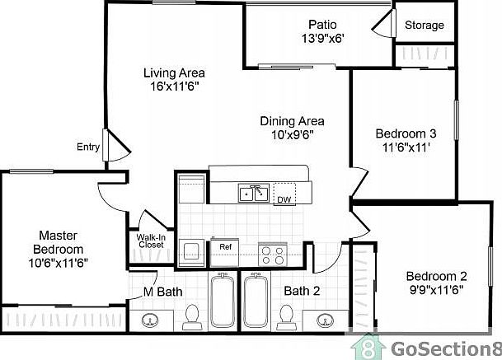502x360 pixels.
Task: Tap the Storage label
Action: (x=424, y=25)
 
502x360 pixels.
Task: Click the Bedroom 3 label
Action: (x=405, y=133)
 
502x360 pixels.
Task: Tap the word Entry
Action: (x=88, y=147)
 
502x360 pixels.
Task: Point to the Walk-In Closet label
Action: (x=150, y=242)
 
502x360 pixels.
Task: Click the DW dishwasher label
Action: (x=283, y=200)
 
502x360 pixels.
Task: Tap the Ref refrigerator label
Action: (x=223, y=245)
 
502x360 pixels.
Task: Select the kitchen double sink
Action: (x=251, y=194)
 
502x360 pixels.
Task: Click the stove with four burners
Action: (x=272, y=253)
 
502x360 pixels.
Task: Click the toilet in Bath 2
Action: (x=288, y=316)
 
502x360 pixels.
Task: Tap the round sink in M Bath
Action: (x=150, y=321)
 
